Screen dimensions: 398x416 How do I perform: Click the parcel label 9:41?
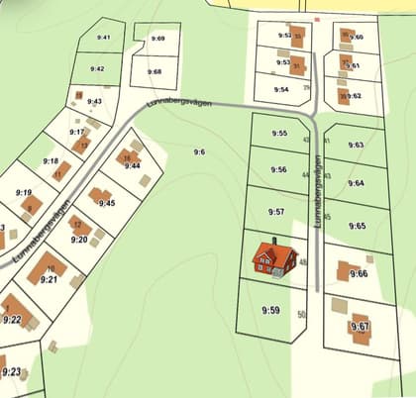pyautogui.click(x=104, y=38)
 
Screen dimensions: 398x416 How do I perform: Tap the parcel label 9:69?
pyautogui.click(x=158, y=38)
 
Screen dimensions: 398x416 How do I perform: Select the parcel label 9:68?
pyautogui.click(x=154, y=71)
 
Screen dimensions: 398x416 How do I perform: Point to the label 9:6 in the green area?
pyautogui.click(x=199, y=151)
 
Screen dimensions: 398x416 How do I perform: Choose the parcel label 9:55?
pyautogui.click(x=279, y=134)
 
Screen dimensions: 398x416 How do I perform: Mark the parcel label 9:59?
pyautogui.click(x=271, y=310)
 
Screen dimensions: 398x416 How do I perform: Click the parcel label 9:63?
pyautogui.click(x=357, y=145)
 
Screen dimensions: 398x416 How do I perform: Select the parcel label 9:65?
pyautogui.click(x=359, y=226)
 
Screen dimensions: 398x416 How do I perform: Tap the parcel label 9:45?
pyautogui.click(x=107, y=203)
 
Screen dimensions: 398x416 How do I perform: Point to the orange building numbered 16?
pyautogui.click(x=127, y=157)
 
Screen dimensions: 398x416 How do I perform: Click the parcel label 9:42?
pyautogui.click(x=97, y=69)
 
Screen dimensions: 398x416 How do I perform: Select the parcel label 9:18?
pyautogui.click(x=52, y=161)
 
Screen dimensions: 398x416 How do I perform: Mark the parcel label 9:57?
pyautogui.click(x=276, y=212)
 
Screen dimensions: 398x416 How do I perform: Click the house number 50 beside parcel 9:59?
pyautogui.click(x=302, y=314)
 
